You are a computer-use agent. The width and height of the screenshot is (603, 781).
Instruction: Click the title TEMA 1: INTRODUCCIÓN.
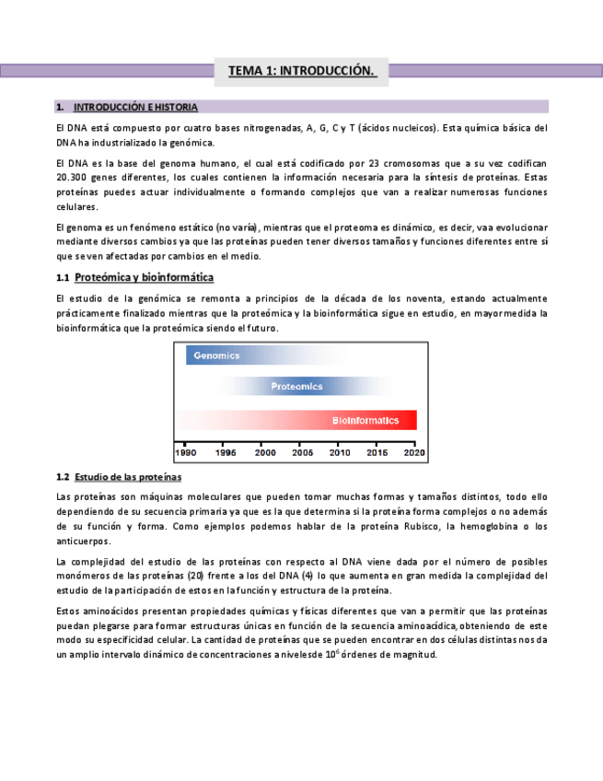point(301,71)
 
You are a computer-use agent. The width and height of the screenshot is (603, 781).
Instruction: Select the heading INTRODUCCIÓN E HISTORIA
point(134,107)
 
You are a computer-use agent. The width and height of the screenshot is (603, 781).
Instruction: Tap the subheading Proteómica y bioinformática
point(145,277)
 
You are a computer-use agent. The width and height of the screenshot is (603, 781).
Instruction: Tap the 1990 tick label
point(186,452)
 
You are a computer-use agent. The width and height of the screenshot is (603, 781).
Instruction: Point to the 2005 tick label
point(302,452)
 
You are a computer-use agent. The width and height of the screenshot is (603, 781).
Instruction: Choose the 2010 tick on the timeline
point(340,452)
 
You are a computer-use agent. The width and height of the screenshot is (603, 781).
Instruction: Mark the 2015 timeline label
point(378,452)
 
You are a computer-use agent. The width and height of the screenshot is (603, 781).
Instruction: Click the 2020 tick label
point(415,452)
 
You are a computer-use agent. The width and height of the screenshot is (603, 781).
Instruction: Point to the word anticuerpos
point(83,542)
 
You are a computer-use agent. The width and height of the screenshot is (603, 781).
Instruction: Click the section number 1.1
point(63,277)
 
